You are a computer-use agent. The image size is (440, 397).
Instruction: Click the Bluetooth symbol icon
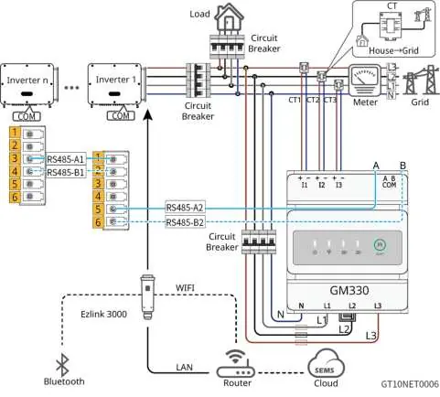click(62, 365)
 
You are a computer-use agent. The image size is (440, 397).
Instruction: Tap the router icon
click(235, 364)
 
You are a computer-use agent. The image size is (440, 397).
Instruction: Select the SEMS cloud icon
click(326, 364)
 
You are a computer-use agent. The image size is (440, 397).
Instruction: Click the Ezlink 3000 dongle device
click(147, 296)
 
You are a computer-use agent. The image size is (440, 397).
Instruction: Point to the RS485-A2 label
click(185, 208)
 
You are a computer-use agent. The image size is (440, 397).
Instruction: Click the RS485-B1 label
click(66, 173)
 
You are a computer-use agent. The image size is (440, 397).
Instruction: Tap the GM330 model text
click(349, 290)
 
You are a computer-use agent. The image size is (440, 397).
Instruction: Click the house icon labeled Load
click(229, 17)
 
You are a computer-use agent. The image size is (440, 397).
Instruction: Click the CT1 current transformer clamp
click(304, 67)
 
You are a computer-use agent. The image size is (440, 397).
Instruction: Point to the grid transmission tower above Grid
click(422, 80)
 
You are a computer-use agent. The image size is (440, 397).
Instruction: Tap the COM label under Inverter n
click(27, 116)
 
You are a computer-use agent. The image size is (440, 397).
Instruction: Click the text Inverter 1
click(116, 80)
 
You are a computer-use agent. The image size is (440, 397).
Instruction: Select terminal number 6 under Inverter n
click(15, 197)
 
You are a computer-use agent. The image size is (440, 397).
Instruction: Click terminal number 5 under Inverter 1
click(98, 209)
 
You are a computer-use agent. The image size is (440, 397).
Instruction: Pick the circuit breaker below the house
click(228, 47)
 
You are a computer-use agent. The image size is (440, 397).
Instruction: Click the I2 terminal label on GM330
click(322, 185)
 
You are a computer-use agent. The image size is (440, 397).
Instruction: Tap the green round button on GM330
click(380, 244)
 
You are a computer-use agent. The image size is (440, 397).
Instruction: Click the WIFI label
click(185, 287)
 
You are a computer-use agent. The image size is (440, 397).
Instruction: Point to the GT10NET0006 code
click(410, 384)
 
